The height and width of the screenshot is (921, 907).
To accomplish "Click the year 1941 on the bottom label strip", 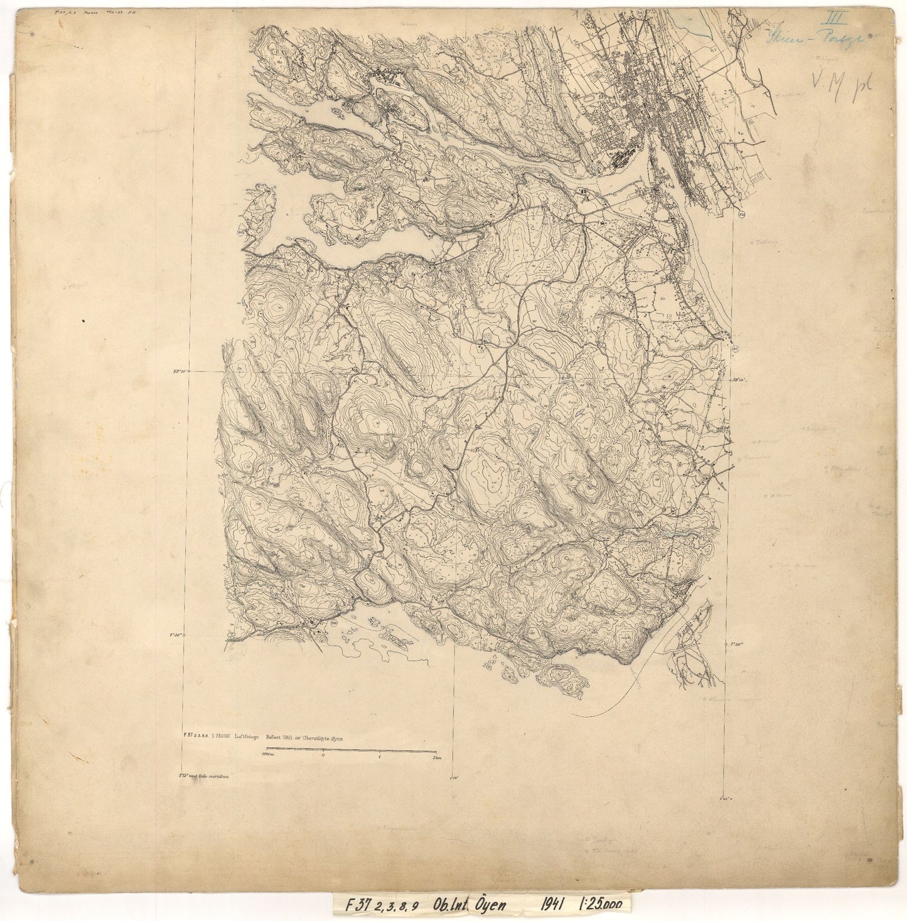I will [555, 903].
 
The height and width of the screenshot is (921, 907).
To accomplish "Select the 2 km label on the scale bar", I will [434, 757].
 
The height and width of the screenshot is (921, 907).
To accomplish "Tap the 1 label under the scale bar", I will [380, 757].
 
